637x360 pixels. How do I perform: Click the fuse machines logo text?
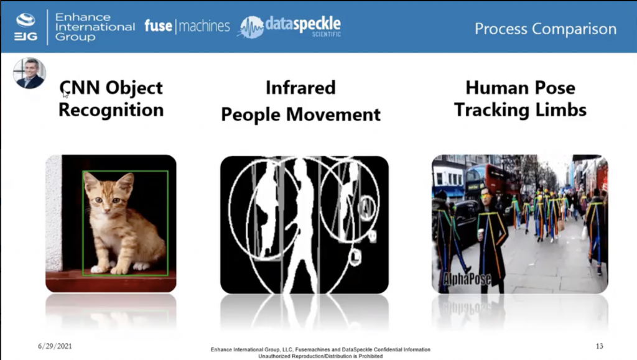tap(187, 26)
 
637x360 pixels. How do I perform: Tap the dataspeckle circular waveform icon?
tap(251, 27)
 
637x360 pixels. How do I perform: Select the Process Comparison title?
tap(545, 29)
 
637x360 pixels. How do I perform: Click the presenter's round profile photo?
tap(29, 73)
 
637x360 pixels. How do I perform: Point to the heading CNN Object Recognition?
tap(111, 99)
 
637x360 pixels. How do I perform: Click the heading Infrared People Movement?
tap(300, 101)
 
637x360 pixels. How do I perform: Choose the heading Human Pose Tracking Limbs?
tap(520, 99)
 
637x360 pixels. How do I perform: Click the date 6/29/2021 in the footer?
tap(55, 346)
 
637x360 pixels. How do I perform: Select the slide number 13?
tap(598, 346)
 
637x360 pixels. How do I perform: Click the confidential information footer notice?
tap(320, 353)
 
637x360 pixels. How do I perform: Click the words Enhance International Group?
tap(94, 27)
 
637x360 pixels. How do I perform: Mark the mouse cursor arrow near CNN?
tap(65, 94)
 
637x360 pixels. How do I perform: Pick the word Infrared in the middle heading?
tap(300, 88)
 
